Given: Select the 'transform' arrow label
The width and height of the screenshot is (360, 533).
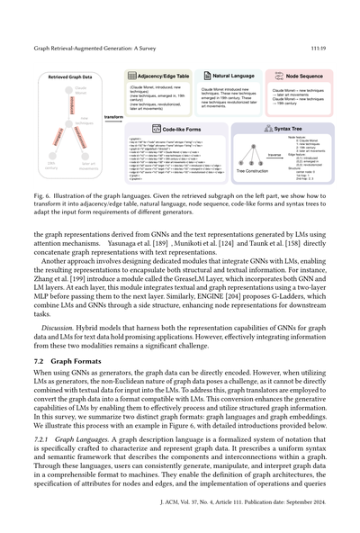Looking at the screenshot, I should [x=113, y=115].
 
